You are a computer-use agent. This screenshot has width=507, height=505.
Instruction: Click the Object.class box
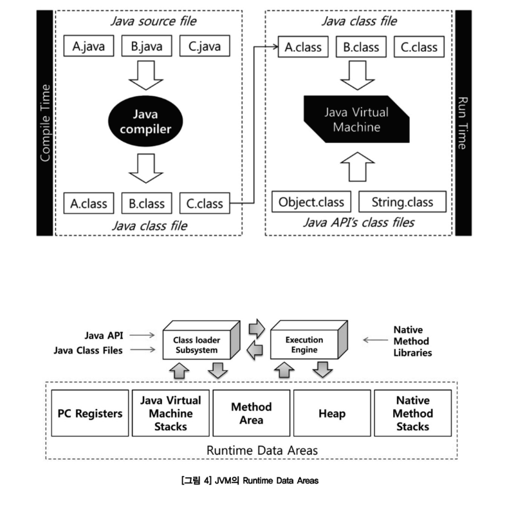(x=311, y=202)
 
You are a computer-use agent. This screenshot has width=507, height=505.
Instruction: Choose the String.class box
(x=402, y=202)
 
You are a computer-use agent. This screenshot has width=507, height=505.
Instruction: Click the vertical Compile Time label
(x=45, y=122)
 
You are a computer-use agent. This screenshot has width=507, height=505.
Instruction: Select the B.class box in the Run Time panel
(x=361, y=47)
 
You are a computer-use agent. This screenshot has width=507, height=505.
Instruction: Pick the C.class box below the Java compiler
(x=205, y=203)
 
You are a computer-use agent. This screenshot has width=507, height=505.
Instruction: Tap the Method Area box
(x=251, y=413)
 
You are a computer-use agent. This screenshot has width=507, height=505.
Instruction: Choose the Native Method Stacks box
(x=412, y=413)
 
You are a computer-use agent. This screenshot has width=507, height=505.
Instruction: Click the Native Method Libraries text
(x=412, y=341)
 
